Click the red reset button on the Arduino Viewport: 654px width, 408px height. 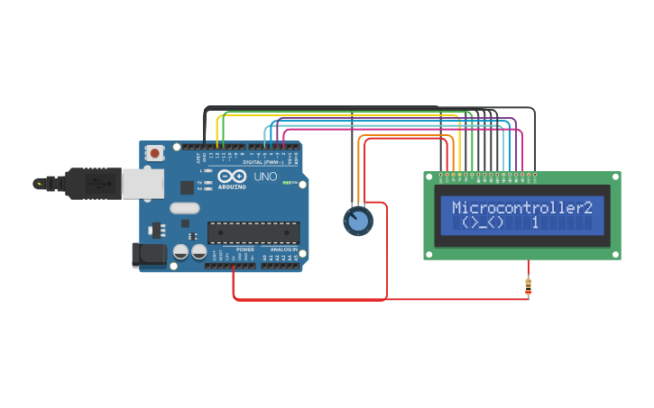point(155,153)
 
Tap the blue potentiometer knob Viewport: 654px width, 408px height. point(357,221)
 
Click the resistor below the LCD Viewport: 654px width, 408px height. point(528,286)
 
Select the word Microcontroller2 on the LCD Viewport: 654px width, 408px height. point(522,207)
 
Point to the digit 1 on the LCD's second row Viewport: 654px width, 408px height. point(535,222)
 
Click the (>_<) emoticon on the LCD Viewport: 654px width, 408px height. point(482,222)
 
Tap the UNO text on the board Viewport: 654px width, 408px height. point(266,177)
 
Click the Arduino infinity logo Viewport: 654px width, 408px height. point(231,177)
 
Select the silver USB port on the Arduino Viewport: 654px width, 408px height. point(143,182)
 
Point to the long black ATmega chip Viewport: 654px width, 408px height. point(253,232)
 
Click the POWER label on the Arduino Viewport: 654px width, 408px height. point(245,249)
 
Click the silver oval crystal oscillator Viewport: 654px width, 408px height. point(183,208)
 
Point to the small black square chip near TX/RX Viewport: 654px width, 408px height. point(187,187)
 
